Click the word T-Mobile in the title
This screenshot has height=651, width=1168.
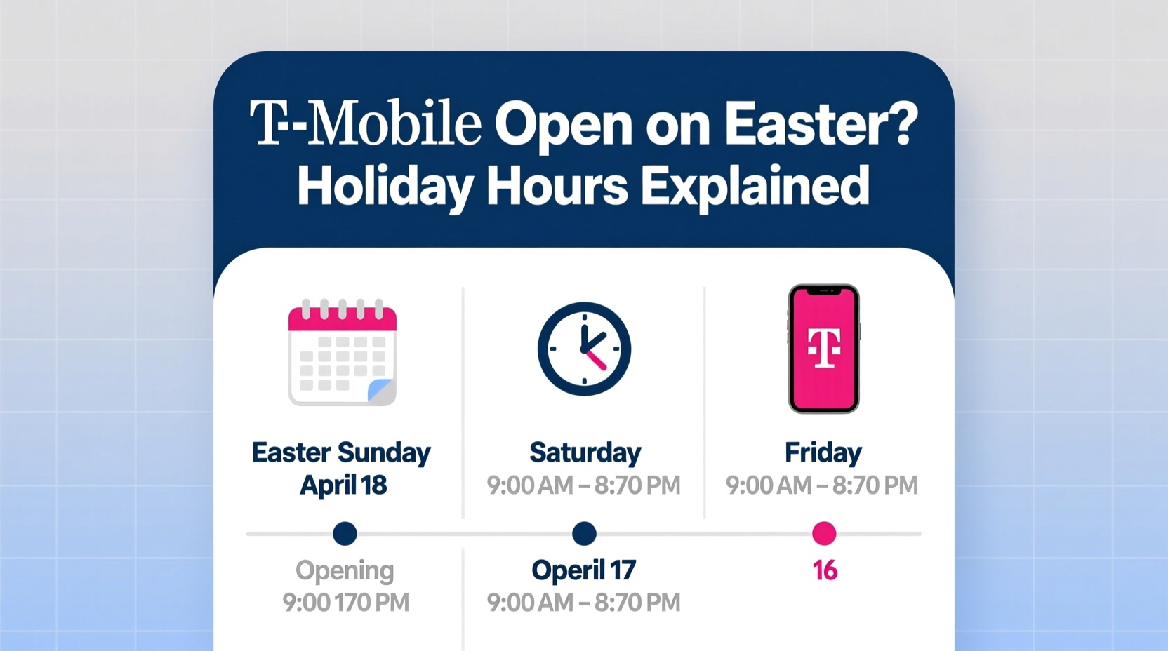tap(366, 124)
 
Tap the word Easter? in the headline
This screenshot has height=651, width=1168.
tap(821, 124)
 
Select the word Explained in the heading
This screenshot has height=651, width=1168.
tap(755, 186)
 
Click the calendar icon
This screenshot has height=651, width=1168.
tap(343, 353)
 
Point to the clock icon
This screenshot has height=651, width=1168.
tap(584, 349)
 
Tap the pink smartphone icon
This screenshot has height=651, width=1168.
tap(823, 349)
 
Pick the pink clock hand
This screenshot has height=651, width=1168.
tap(596, 360)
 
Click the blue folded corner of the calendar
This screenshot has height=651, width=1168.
tap(381, 390)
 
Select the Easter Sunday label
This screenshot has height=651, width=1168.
tap(341, 452)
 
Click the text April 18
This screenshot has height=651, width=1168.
tap(343, 485)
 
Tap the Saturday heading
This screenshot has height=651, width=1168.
tap(585, 452)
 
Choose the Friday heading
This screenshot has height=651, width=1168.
tap(823, 452)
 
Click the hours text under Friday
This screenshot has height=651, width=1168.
tap(822, 485)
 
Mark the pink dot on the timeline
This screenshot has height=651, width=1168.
tap(824, 534)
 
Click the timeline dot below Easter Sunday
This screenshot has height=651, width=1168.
tap(345, 534)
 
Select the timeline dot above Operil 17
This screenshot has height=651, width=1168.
tap(584, 534)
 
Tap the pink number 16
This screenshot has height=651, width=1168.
tap(825, 570)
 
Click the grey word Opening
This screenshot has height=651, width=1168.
tap(345, 570)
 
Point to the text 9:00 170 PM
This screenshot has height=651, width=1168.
tap(345, 603)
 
